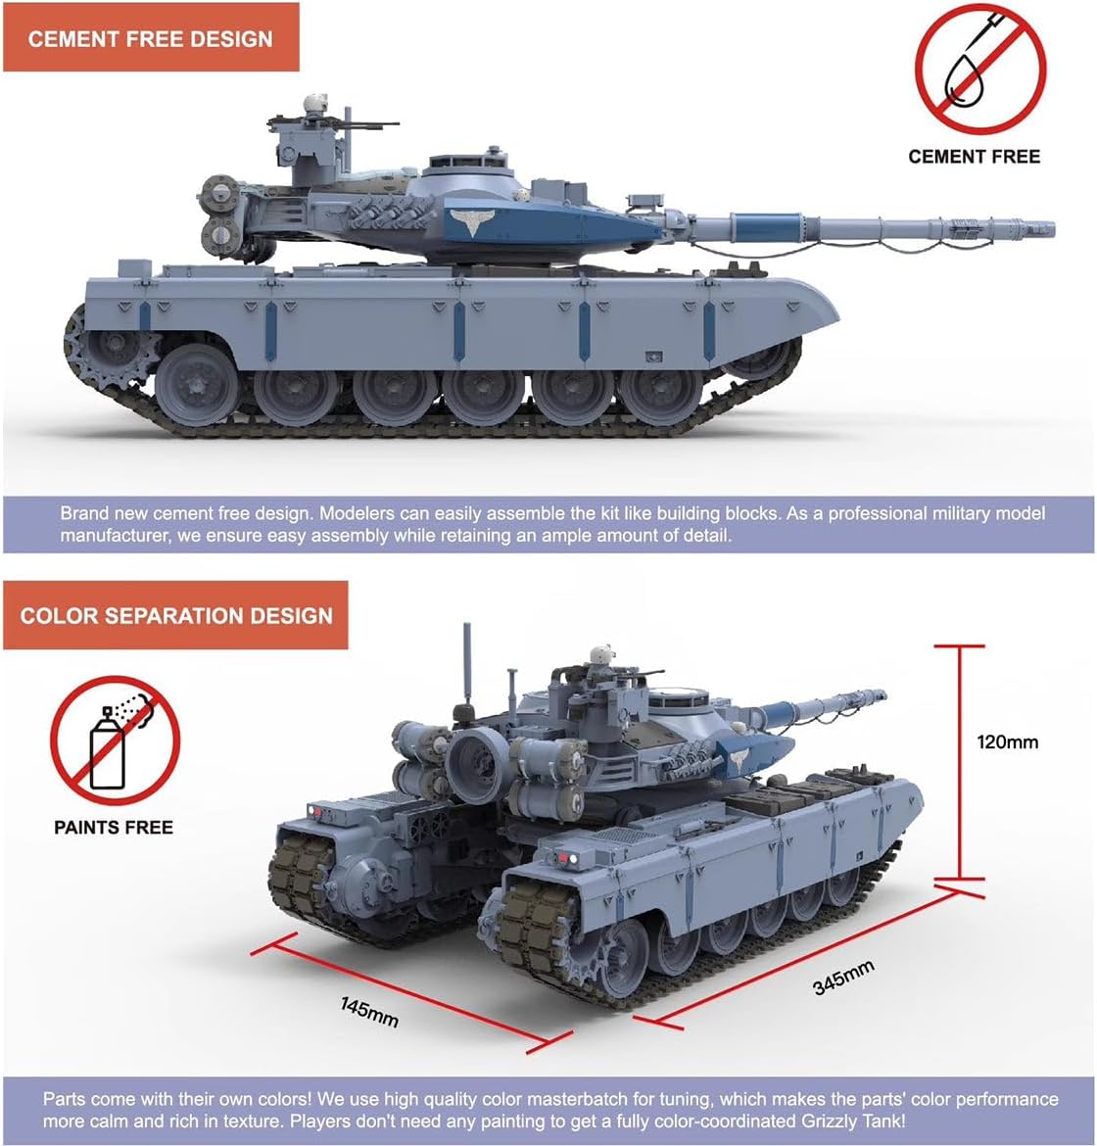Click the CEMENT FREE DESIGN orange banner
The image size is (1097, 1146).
[151, 37]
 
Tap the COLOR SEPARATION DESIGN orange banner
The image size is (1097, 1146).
[175, 615]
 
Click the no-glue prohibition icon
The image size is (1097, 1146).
[980, 71]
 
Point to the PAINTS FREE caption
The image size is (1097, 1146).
[114, 828]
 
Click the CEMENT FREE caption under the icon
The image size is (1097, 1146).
[975, 157]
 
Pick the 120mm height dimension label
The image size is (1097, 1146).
[1007, 742]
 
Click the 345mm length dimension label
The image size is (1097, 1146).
[843, 978]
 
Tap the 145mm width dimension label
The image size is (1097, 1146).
[369, 1012]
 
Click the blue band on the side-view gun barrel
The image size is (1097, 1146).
[767, 226]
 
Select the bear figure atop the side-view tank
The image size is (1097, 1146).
[314, 105]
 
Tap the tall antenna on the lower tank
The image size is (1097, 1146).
[467, 664]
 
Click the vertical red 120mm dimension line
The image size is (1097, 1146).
[960, 762]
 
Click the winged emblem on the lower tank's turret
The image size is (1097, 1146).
[740, 758]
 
